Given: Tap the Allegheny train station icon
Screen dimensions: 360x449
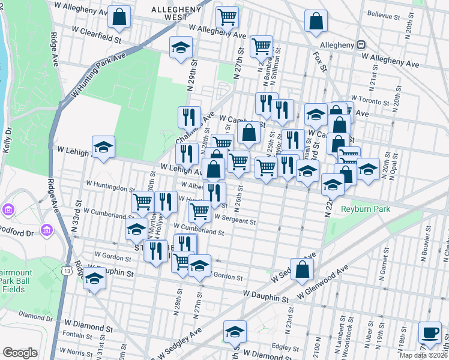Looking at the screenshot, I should [361, 44].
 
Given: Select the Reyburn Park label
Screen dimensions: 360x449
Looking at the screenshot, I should [366, 209].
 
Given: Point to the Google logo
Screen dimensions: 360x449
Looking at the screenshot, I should [20, 353].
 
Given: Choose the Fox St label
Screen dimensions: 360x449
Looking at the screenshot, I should [320, 62].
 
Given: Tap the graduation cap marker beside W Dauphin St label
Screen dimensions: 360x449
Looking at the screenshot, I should [94, 280].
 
